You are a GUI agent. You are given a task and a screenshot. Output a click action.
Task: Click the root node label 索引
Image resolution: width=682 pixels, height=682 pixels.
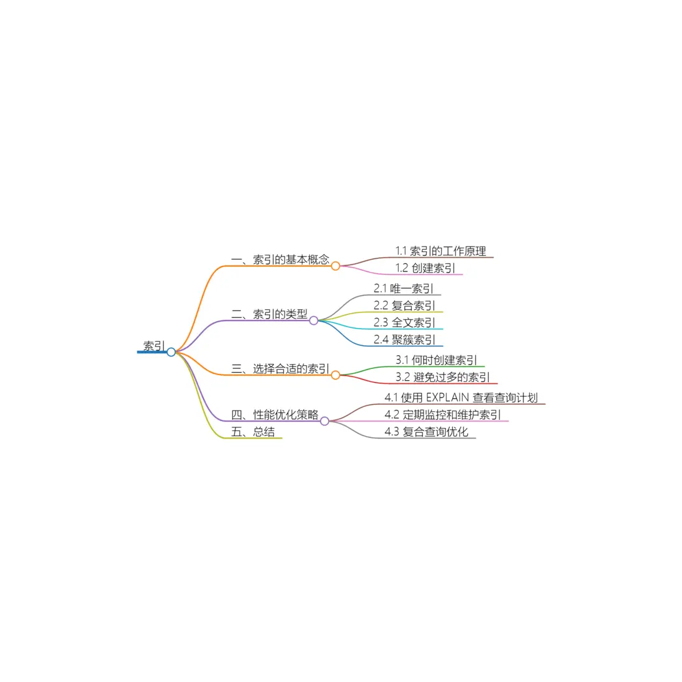tap(154, 346)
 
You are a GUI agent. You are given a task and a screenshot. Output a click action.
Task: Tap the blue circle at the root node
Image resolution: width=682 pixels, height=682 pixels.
tap(171, 352)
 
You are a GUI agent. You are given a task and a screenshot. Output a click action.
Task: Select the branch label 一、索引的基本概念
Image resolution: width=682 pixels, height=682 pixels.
tap(280, 260)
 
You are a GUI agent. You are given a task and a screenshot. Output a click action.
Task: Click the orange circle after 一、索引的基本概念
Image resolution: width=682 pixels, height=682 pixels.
tap(335, 266)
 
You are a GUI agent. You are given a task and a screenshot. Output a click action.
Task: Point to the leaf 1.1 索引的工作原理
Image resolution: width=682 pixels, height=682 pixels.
tap(440, 251)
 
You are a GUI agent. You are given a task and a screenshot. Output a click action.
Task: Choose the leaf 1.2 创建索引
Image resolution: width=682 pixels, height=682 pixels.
tap(425, 268)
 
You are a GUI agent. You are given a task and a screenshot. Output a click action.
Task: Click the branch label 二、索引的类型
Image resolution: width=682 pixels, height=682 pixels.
tap(269, 314)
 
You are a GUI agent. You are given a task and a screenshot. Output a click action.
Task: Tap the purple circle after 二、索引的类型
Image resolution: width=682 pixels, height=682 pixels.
tap(314, 321)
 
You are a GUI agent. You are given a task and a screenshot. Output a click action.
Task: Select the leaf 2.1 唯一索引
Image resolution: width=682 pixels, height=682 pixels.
tap(403, 288)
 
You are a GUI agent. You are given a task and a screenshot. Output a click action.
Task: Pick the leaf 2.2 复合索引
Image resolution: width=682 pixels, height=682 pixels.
tap(404, 306)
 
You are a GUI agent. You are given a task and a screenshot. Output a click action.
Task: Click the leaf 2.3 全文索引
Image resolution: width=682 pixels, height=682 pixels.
tap(404, 322)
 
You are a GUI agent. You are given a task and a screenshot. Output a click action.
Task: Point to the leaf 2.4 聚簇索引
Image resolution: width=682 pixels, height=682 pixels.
tap(404, 339)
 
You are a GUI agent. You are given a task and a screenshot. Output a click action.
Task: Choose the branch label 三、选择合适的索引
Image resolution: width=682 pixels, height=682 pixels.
tap(280, 369)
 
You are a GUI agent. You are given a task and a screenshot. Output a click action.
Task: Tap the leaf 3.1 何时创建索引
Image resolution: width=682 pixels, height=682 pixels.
tap(436, 360)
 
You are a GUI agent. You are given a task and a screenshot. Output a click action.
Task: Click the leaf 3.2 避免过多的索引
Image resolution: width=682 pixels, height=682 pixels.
tap(443, 377)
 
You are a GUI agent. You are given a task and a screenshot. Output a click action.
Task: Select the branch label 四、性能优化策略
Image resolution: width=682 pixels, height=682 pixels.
tap(275, 414)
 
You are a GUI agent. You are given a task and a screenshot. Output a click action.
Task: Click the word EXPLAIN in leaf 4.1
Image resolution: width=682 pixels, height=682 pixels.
tap(448, 398)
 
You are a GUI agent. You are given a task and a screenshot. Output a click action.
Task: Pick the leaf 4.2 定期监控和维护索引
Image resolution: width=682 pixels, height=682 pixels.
tap(443, 414)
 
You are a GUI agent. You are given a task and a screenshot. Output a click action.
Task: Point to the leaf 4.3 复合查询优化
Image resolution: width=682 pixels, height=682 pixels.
tap(426, 432)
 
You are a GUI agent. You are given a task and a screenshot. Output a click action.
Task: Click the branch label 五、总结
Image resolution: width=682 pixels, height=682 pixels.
tap(253, 432)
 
